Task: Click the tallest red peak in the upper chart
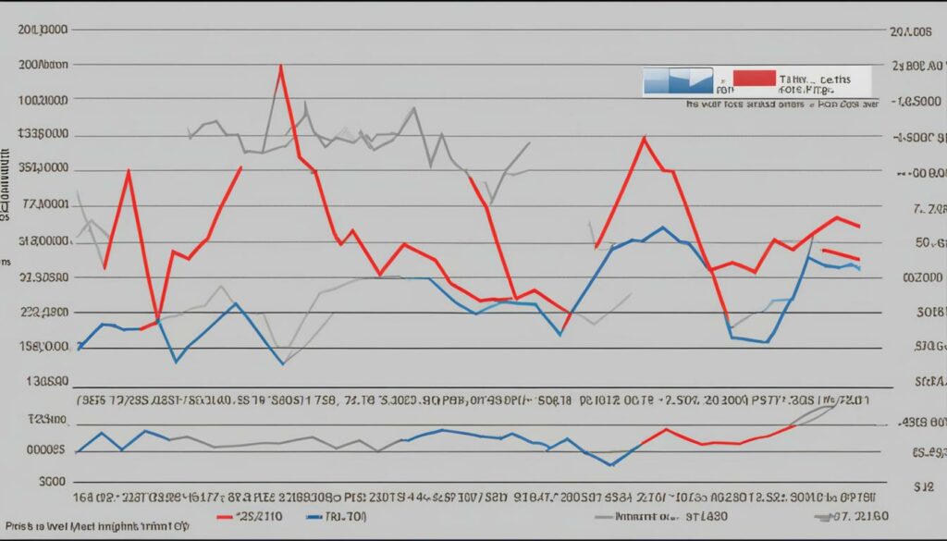tap(280, 66)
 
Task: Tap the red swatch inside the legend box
tap(753, 77)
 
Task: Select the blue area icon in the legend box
tap(678, 80)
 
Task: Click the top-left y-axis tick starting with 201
tap(43, 30)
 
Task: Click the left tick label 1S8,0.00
tap(45, 346)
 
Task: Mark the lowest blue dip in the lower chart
tap(611, 464)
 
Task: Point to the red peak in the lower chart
tap(666, 429)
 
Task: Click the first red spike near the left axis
tap(128, 171)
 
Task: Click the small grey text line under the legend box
tap(781, 105)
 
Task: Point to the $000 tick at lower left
tap(52, 481)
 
